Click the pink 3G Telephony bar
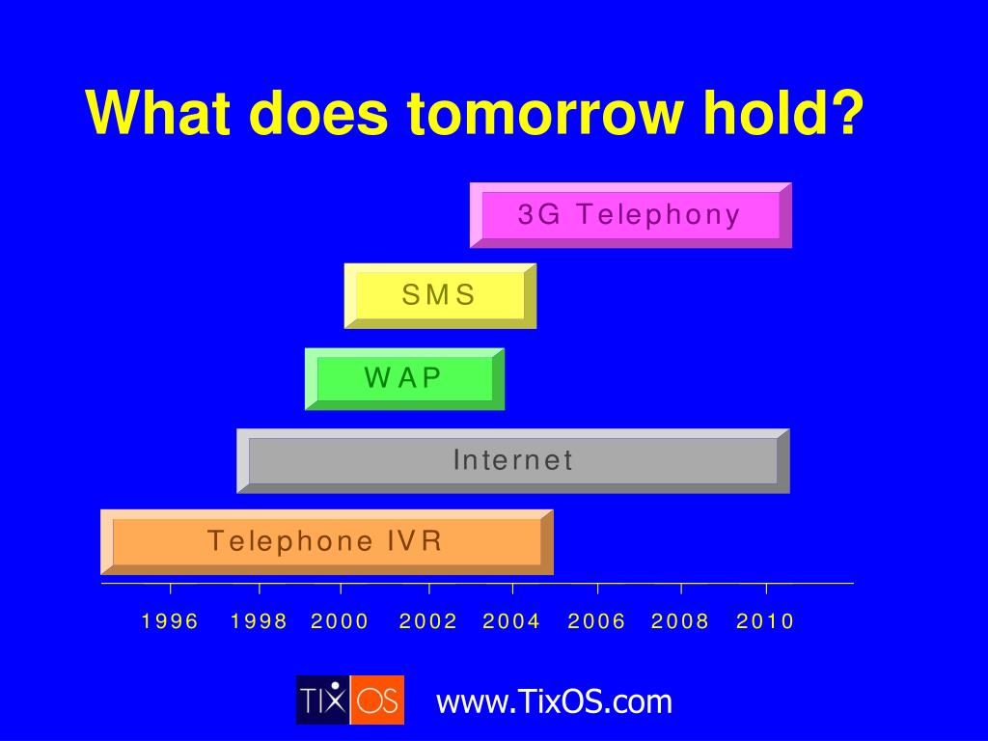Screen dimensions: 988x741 [631, 215]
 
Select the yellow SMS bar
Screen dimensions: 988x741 [440, 295]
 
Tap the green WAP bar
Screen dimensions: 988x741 [404, 378]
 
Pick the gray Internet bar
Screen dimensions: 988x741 [513, 460]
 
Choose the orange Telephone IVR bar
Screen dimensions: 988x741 [326, 542]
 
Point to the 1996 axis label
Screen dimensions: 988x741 [170, 621]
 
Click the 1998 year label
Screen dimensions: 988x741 [259, 621]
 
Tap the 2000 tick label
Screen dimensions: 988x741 [340, 621]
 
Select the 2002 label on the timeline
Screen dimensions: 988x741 [428, 621]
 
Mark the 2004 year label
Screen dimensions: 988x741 [511, 621]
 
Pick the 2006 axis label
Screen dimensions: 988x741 [596, 621]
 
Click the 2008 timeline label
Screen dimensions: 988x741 [680, 621]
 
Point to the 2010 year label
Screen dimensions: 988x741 [765, 621]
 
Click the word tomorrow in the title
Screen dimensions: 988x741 [545, 113]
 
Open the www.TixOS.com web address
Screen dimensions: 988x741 [555, 701]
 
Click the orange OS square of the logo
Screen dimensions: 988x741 [377, 700]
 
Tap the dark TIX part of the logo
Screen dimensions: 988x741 [323, 700]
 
